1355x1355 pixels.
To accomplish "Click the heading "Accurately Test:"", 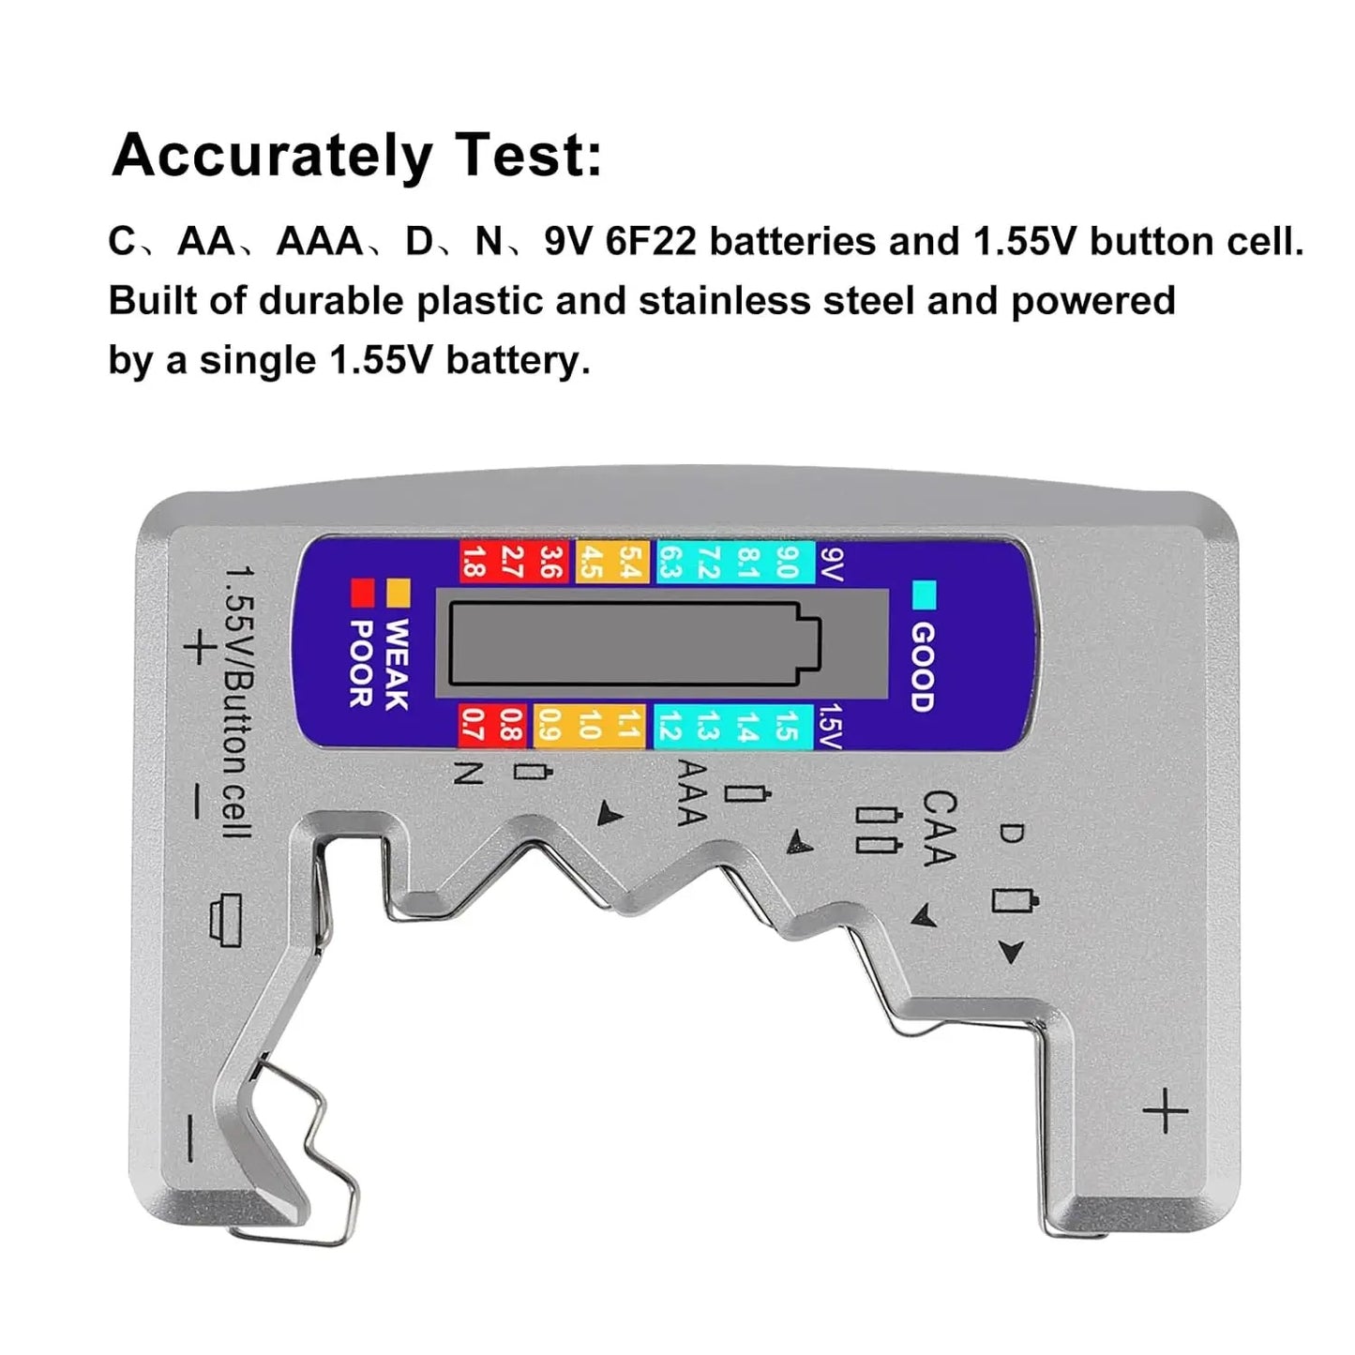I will [x=356, y=156].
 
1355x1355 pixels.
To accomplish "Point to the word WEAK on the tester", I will [x=397, y=664].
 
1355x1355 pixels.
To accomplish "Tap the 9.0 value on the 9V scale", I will [x=786, y=562].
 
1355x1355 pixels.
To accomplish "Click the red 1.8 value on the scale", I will [x=474, y=562].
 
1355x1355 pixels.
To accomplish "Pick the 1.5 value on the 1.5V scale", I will [x=786, y=726].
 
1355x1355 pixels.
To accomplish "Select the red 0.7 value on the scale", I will [x=474, y=726].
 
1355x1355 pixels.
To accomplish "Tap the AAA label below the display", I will [x=691, y=792].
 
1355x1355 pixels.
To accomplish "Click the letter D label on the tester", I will [x=1011, y=832].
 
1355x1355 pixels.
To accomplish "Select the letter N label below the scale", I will [x=468, y=772].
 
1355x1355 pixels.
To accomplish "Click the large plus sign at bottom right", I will [x=1165, y=1112].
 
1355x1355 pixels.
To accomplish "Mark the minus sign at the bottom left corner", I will [x=190, y=1138].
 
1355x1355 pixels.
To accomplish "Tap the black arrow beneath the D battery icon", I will [x=1010, y=953].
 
